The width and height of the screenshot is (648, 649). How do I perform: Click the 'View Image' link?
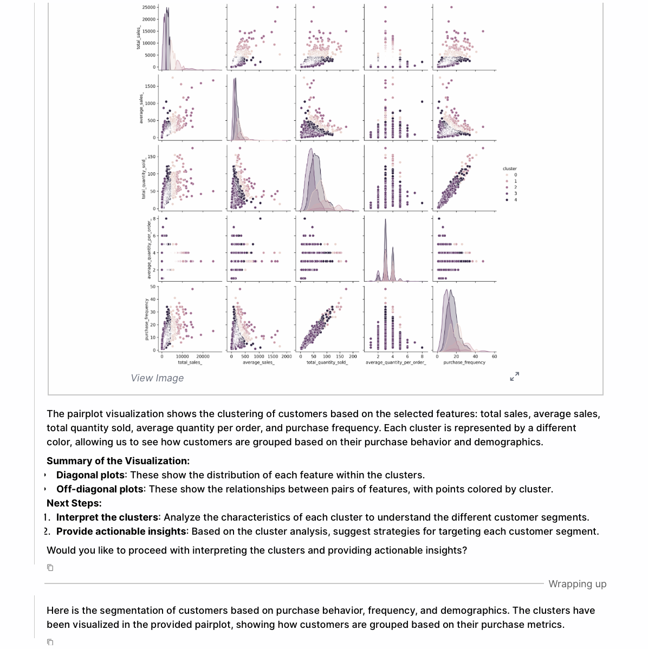pos(157,378)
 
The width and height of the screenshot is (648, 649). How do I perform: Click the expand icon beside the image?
pos(515,376)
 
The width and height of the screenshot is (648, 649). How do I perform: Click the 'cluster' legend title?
pos(509,168)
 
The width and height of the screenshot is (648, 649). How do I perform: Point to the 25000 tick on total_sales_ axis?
pos(148,7)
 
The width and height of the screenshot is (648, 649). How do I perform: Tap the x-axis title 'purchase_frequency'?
pos(464,362)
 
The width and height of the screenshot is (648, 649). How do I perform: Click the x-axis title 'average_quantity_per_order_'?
pos(396,362)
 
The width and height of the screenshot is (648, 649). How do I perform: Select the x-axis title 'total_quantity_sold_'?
pos(327,362)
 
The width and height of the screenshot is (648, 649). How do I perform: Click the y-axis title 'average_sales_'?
pos(141,109)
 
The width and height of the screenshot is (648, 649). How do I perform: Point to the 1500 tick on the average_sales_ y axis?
pos(151,86)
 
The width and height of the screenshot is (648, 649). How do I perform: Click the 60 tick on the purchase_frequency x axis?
pos(494,356)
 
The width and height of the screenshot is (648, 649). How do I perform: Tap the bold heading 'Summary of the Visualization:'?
pos(118,461)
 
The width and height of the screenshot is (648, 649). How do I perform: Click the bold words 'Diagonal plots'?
pos(90,475)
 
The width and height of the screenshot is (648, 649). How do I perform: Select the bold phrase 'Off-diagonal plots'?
pos(100,489)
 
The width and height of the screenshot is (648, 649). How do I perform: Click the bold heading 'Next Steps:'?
pos(74,503)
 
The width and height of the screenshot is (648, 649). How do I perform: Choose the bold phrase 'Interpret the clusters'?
pos(107,517)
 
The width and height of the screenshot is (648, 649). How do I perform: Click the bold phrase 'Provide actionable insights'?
pos(121,531)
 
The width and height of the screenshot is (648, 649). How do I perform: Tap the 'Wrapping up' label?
pos(577,584)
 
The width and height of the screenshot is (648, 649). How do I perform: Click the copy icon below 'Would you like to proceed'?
pos(50,568)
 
